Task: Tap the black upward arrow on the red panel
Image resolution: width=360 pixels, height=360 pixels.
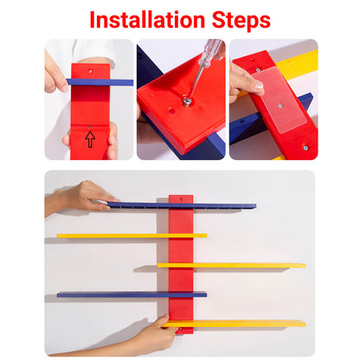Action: coord(90,138)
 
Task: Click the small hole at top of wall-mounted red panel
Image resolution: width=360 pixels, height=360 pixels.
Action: coord(181,199)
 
